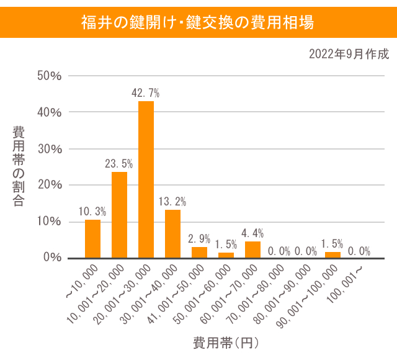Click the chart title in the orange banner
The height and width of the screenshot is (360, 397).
click(198, 23)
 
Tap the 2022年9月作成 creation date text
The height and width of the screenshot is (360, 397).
click(349, 54)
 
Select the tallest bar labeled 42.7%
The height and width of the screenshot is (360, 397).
click(146, 179)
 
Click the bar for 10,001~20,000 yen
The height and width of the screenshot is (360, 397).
click(119, 215)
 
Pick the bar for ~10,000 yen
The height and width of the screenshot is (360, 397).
click(92, 239)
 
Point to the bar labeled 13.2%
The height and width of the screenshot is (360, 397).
click(172, 233)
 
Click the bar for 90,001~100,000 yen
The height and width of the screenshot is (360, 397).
click(332, 254)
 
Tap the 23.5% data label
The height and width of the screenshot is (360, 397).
click(118, 164)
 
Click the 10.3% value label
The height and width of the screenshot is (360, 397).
click(92, 212)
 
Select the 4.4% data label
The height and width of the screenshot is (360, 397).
click(252, 233)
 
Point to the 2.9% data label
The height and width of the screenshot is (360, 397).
click(199, 239)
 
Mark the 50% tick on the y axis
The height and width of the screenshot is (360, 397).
click(50, 76)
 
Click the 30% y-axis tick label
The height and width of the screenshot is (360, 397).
click(50, 149)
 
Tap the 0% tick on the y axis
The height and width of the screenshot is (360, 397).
click(53, 258)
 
